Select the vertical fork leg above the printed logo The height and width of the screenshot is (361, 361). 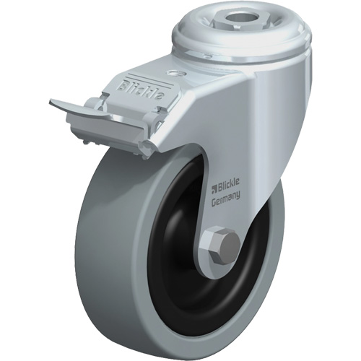[238, 130]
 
